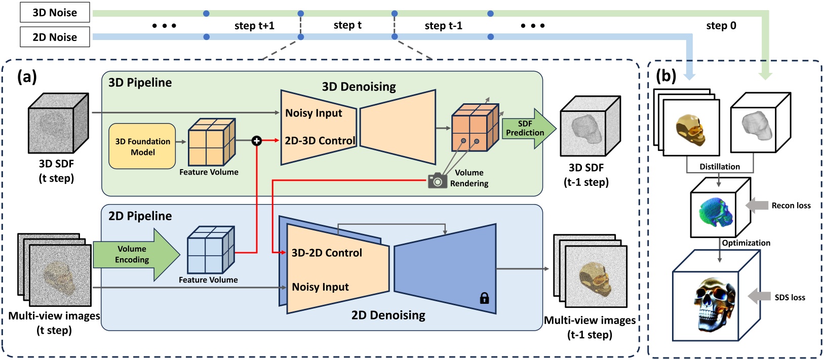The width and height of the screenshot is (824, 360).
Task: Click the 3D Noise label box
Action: [x=55, y=13]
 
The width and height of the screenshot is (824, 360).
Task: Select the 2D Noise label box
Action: [x=55, y=37]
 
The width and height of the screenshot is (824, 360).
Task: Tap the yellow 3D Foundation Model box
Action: [x=142, y=146]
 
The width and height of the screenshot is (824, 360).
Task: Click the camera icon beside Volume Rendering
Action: [x=437, y=181]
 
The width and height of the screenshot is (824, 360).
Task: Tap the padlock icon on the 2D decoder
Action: [x=484, y=298]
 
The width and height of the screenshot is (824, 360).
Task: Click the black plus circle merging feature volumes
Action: [x=257, y=141]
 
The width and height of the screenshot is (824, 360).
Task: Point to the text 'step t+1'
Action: [x=254, y=26]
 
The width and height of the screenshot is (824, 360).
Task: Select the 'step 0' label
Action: [x=721, y=26]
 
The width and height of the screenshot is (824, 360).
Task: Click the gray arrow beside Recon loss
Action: [x=757, y=205]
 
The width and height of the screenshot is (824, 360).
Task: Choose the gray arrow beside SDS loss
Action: [x=759, y=297]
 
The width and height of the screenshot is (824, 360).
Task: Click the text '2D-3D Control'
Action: [x=320, y=141]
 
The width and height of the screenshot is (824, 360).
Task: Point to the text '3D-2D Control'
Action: [x=327, y=253]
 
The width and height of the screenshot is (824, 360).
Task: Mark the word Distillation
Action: [x=719, y=167]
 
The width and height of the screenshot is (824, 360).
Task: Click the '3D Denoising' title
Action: [x=359, y=87]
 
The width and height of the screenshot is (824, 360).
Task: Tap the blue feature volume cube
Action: [x=211, y=251]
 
